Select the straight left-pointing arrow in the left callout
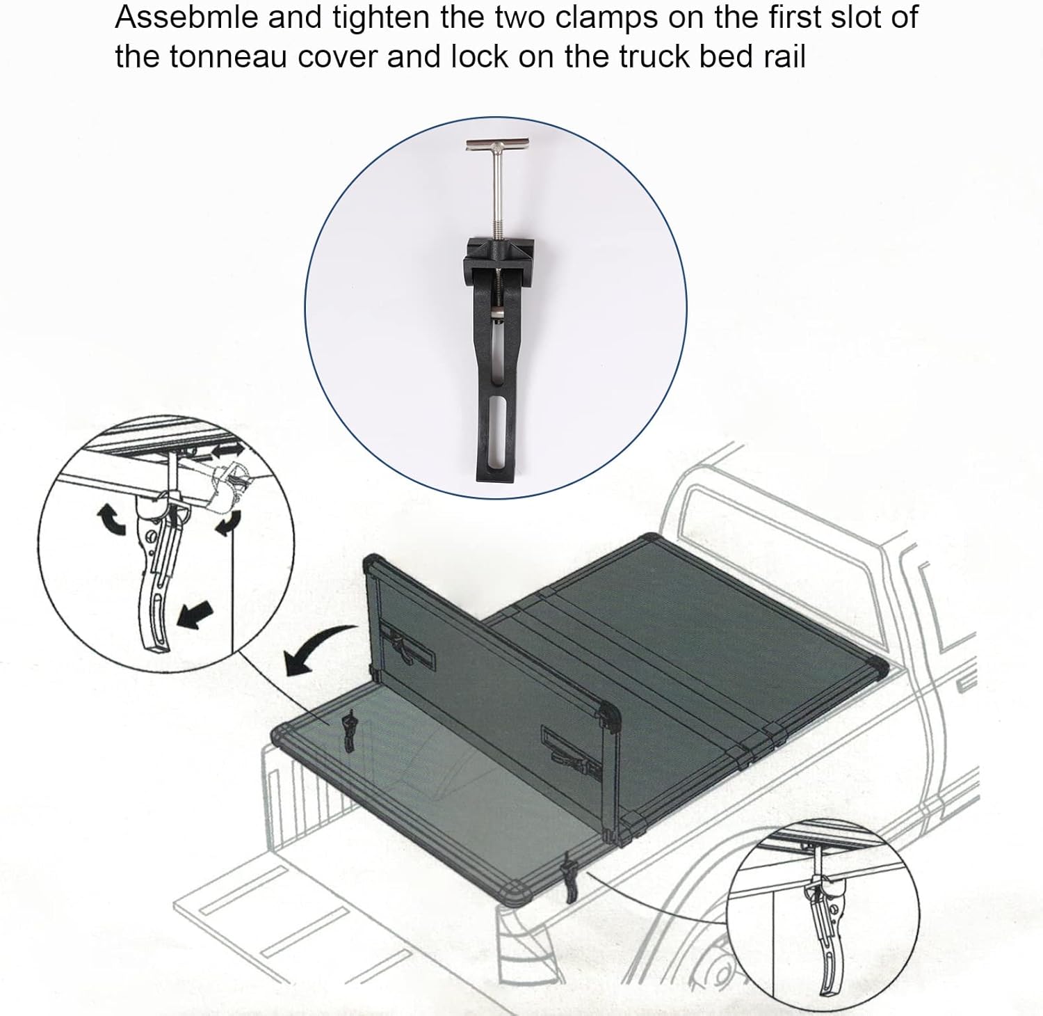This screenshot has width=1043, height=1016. (x=194, y=614)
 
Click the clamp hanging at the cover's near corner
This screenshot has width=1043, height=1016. (x=571, y=878)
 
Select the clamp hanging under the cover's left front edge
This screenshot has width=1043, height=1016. (x=348, y=732)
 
